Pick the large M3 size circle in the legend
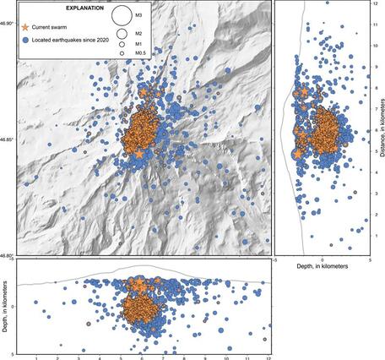pos(121,15)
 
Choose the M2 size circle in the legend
pos(121,32)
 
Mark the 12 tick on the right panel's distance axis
pos(373,4)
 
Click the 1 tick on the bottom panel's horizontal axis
pos(36,357)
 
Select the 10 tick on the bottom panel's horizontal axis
pos(226,357)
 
